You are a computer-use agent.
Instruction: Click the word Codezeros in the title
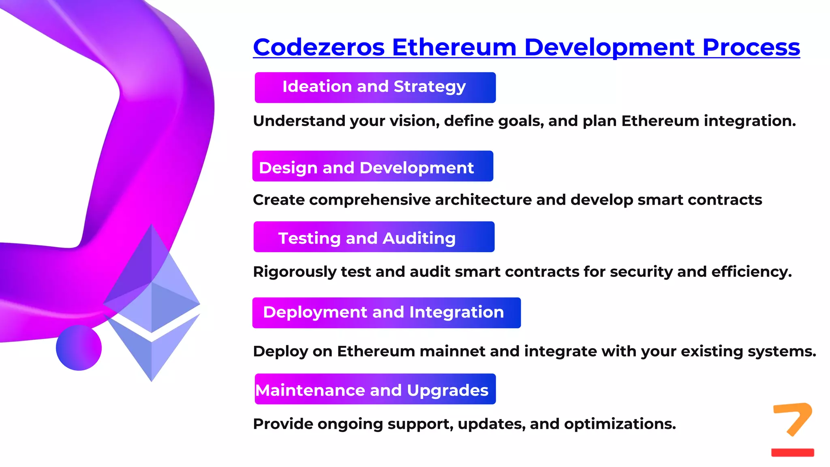(319, 47)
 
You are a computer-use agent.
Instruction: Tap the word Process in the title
(751, 47)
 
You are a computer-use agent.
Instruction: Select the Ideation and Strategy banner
(375, 88)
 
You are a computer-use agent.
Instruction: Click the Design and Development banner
(372, 166)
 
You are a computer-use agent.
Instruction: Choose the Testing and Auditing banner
(374, 237)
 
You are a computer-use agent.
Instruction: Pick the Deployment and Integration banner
(386, 313)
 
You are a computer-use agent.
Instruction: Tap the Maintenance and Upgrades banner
(375, 389)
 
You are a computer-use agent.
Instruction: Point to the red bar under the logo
(792, 452)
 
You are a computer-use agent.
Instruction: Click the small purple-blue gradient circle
(79, 348)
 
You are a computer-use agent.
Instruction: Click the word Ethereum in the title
(454, 47)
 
